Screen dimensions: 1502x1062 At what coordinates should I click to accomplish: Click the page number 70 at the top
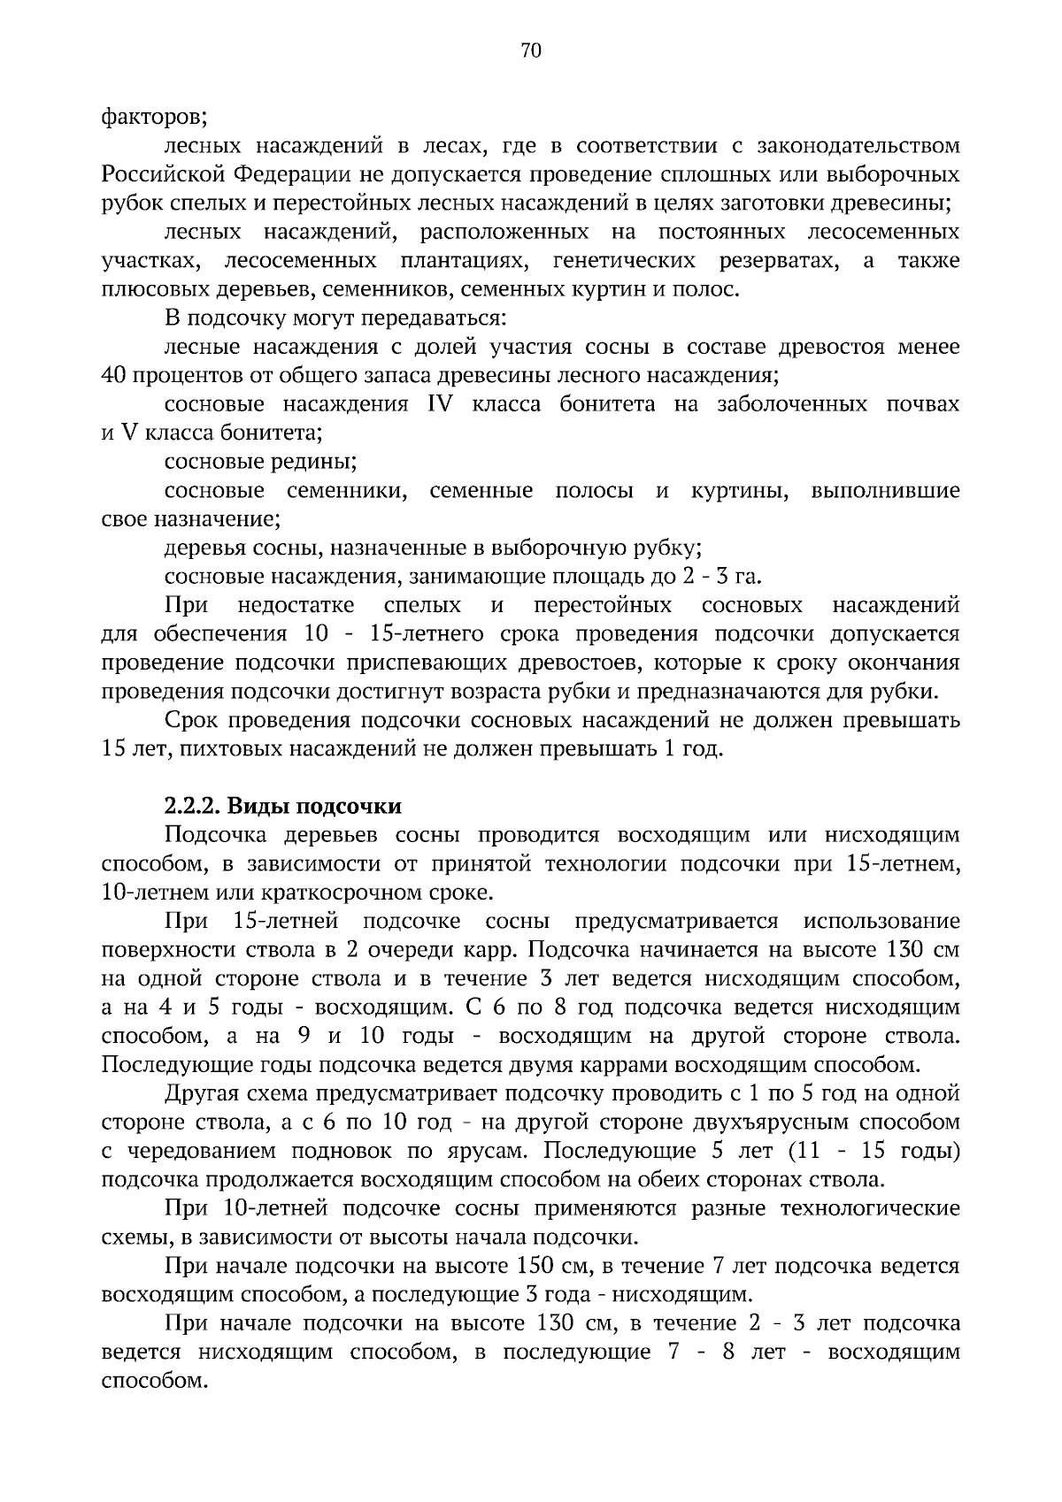(x=531, y=50)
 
